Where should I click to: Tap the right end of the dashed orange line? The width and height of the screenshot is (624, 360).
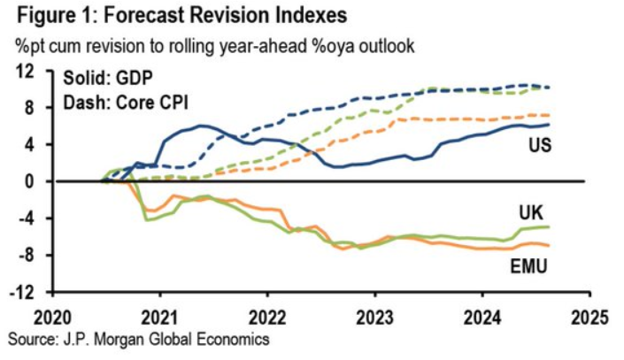point(574,115)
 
